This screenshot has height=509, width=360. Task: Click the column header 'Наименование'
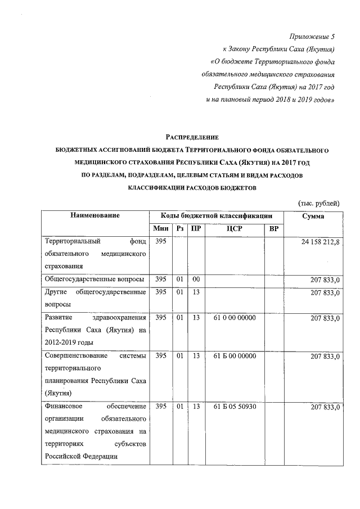95,215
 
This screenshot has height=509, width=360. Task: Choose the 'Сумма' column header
313,215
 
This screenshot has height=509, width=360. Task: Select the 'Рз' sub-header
180,229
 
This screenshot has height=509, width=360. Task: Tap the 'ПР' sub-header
196,229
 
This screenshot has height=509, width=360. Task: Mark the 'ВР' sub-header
274,229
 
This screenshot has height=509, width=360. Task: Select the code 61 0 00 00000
235,318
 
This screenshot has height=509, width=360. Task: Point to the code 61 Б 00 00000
235,356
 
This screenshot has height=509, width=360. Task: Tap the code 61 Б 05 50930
235,407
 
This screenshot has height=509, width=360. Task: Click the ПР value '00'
196,280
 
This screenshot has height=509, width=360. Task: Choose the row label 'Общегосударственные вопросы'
94,280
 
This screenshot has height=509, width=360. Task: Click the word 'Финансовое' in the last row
64,407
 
